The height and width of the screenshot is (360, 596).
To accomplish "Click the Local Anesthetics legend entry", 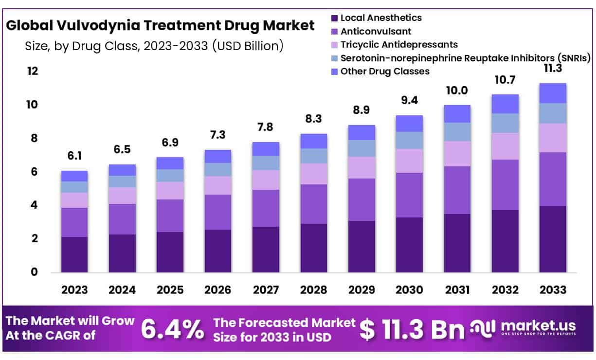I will (380, 18).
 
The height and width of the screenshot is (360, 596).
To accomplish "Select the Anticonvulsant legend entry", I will (376, 32).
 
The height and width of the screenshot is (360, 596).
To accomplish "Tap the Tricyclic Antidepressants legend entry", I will (398, 45).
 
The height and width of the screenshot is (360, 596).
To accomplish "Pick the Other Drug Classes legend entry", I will (384, 72).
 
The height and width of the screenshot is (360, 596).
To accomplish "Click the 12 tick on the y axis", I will (32, 72).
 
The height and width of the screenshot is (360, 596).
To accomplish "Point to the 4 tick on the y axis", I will (35, 205).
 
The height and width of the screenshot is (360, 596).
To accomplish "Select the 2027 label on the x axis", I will (266, 290).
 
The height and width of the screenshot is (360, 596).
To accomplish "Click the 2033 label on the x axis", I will (553, 290).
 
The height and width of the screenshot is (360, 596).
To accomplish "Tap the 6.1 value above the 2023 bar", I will (74, 156).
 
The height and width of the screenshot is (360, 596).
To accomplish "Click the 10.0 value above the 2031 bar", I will (457, 90).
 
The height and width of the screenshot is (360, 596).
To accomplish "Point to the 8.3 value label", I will (314, 119).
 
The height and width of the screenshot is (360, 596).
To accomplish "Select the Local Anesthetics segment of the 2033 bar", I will (553, 239).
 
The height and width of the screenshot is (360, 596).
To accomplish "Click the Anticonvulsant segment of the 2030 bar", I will (409, 195).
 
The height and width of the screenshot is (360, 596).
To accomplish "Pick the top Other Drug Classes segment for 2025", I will (170, 163).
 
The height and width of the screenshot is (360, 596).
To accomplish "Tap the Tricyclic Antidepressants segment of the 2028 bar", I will (314, 174).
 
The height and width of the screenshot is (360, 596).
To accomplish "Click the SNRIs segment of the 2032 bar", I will (505, 123).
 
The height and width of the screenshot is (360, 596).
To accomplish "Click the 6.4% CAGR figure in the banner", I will (172, 330).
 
